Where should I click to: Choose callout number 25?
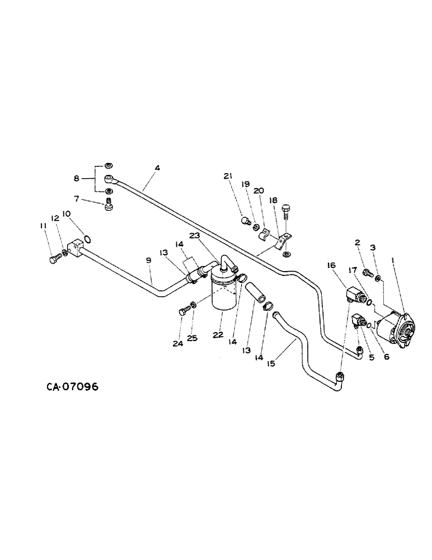tap(192, 339)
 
